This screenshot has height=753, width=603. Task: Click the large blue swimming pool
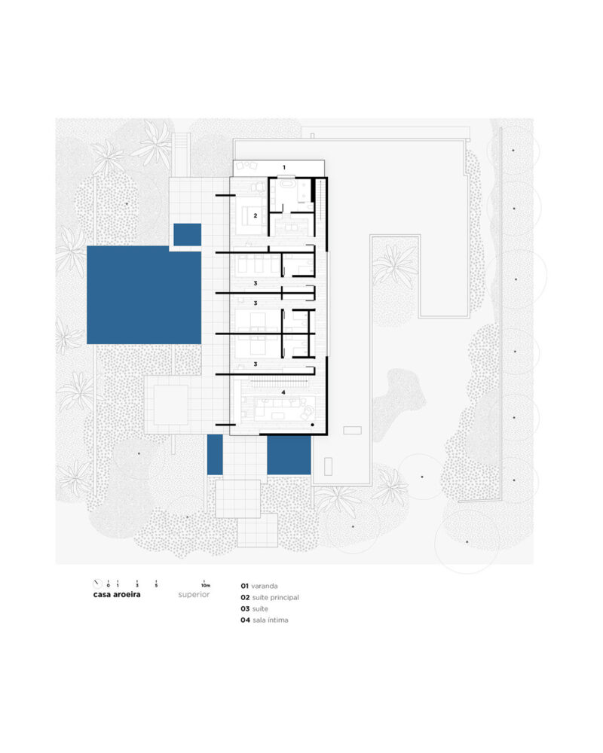(x=144, y=295)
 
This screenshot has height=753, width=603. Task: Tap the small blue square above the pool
(x=187, y=234)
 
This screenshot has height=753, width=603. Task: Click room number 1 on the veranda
(x=284, y=168)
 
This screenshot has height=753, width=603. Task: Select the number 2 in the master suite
(x=256, y=215)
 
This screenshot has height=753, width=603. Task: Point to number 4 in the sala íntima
(x=283, y=392)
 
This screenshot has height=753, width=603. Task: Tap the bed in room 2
(x=252, y=215)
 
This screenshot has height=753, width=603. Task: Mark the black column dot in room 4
(x=313, y=425)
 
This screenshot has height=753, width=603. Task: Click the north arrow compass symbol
(x=98, y=584)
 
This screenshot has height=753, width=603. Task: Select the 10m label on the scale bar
(x=206, y=585)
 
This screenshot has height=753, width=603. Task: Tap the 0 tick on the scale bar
(x=109, y=584)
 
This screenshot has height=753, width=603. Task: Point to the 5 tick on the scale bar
(x=156, y=584)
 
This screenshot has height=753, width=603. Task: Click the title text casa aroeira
(x=117, y=595)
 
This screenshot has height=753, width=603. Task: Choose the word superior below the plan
(x=194, y=595)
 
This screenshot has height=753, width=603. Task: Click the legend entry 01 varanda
(x=259, y=586)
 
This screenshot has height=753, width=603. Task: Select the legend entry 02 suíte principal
(x=270, y=597)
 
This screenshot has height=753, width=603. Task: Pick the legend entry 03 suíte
(x=254, y=608)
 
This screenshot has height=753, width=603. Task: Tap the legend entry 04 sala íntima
(x=265, y=620)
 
